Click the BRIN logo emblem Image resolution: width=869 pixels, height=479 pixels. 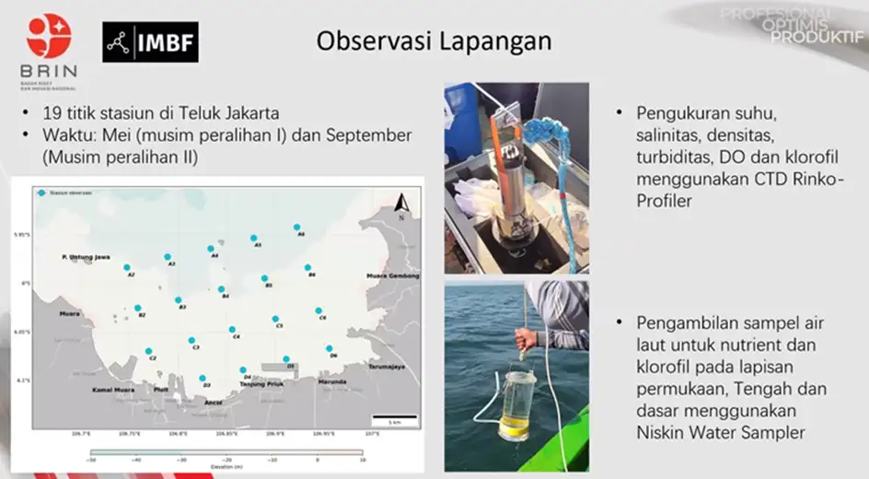coord(48,37)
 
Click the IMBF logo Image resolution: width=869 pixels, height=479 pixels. coord(150,41)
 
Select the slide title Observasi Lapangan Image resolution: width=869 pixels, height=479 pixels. coord(434,41)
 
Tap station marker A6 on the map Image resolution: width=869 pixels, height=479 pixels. coord(296,227)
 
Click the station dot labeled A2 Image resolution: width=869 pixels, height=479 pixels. coord(127,267)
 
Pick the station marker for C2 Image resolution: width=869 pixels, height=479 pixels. coord(148,351)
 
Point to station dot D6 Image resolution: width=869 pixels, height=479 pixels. coord(330,348)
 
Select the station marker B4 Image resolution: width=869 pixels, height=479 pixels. coord(222,289)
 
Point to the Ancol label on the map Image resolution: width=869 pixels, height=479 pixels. coord(213,403)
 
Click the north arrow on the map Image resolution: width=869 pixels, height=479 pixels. coord(402,204)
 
